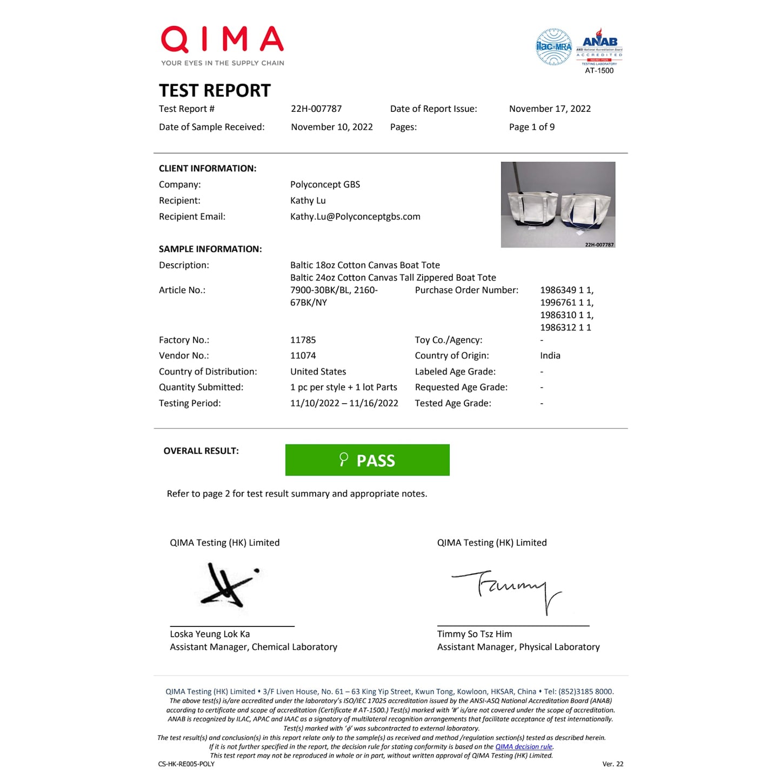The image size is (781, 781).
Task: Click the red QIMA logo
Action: [x=222, y=40]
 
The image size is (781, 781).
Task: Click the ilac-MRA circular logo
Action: [x=553, y=47]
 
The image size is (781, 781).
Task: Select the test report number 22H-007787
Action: [x=316, y=109]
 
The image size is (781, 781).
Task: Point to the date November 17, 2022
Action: [x=550, y=109]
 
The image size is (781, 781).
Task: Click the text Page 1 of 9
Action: [x=531, y=127]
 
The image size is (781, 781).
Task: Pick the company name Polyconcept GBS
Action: [x=325, y=184]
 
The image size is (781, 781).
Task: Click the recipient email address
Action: [x=355, y=217]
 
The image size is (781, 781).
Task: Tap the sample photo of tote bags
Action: [x=558, y=204]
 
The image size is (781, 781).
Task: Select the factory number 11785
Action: [x=303, y=340]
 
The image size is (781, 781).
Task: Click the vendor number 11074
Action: [x=303, y=356]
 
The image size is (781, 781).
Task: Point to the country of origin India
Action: [x=550, y=356]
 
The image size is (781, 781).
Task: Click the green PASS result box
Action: [x=367, y=460]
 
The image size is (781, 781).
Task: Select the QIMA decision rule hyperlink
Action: [x=524, y=746]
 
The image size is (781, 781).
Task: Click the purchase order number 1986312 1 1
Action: [x=565, y=328]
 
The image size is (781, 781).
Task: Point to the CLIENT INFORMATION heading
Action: [x=208, y=169]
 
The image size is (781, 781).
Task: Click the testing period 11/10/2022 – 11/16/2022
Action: [x=344, y=403]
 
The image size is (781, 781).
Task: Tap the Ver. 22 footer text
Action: [x=612, y=764]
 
